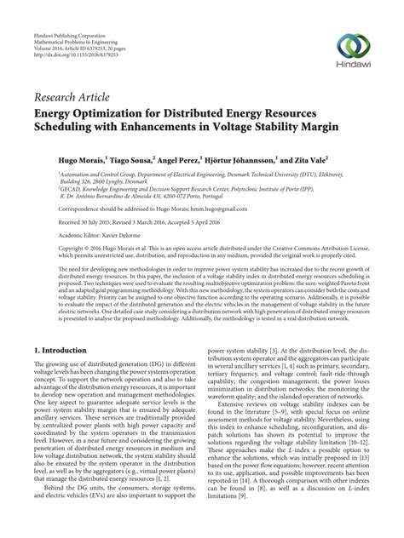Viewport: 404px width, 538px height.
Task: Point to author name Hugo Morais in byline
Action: tap(65, 159)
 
